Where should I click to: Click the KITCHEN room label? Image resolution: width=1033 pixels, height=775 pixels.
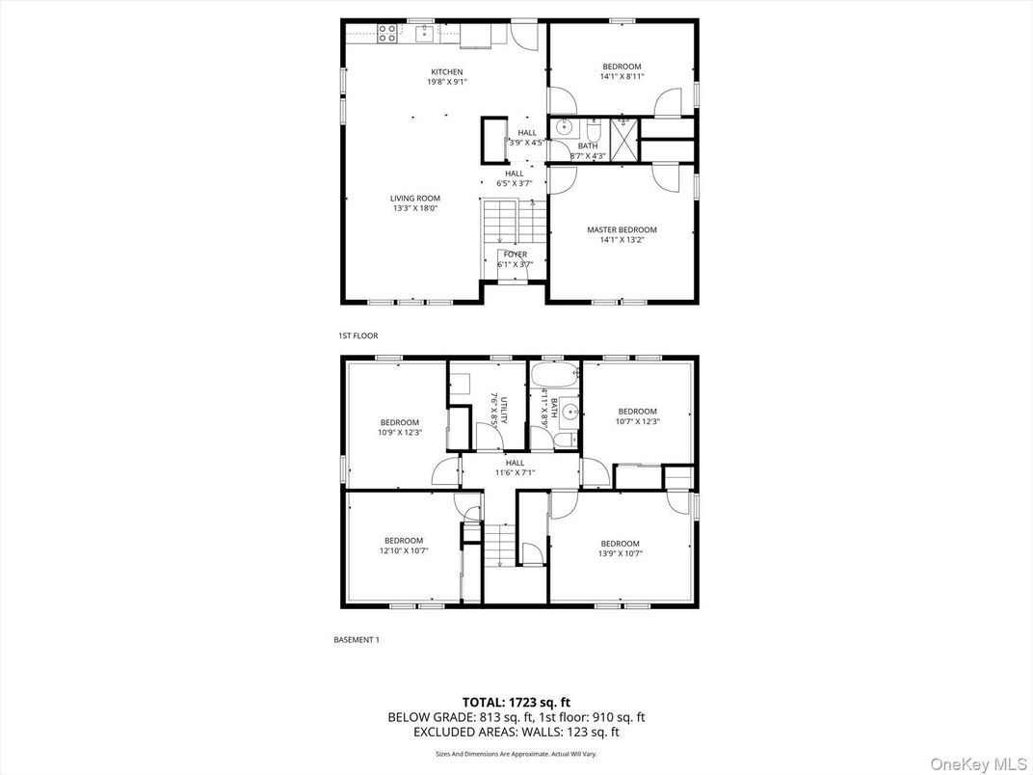coord(446,72)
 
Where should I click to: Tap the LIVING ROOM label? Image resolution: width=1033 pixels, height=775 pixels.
coord(414,199)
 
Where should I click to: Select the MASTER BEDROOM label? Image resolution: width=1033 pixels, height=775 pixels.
coord(622,229)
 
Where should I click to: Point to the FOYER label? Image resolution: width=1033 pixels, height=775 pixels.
coord(515,254)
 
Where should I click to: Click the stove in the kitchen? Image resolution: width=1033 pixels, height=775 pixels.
coord(387,34)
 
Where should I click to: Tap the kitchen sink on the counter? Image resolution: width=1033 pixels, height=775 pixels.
coord(425,34)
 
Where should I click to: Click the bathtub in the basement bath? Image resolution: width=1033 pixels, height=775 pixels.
coord(553,375)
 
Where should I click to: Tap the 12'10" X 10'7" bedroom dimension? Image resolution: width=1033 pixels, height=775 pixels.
coord(403,552)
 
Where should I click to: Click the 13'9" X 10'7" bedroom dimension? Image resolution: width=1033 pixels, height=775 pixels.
coord(620,553)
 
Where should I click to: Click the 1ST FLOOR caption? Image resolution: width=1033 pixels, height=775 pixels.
coord(358,335)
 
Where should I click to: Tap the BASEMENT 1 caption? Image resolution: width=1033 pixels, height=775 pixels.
coord(356,639)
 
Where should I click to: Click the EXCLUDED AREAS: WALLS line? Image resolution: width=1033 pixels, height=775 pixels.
coord(516,733)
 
